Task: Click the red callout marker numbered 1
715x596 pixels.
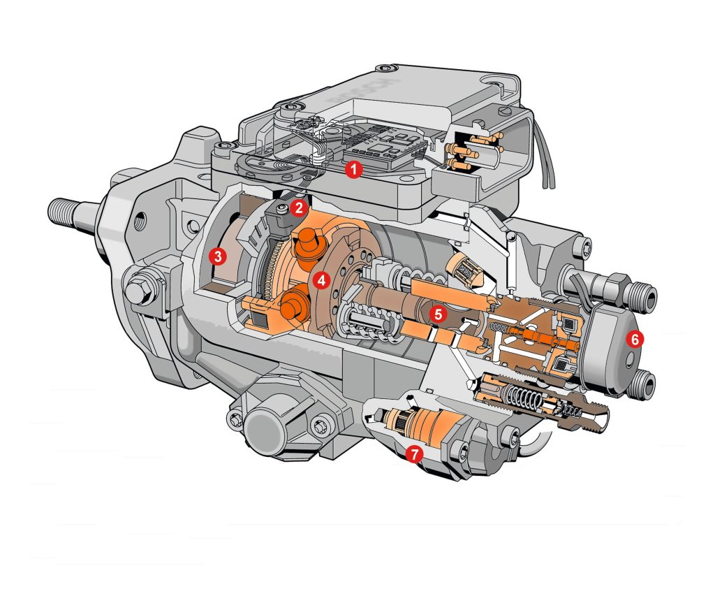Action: (x=354, y=169)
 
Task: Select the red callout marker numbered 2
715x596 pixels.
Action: (x=298, y=207)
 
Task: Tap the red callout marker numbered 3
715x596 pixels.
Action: (x=219, y=256)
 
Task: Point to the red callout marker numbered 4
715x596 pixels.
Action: (x=320, y=280)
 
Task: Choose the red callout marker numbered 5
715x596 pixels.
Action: (x=437, y=314)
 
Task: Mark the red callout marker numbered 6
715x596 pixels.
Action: (x=634, y=338)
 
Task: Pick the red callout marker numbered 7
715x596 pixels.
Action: (x=414, y=454)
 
